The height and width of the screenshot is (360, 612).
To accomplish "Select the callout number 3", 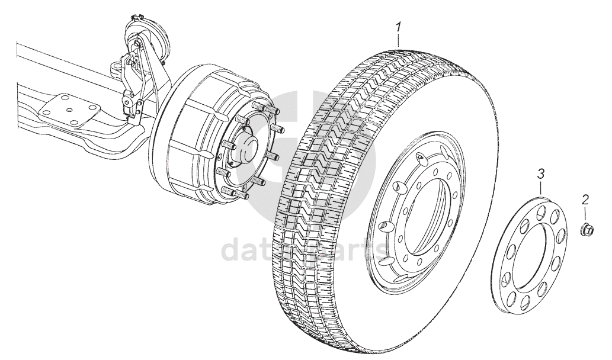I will coord(540,174).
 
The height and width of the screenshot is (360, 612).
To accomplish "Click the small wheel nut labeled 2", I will coord(586,228).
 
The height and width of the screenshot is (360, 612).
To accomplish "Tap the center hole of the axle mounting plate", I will coord(71,108).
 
